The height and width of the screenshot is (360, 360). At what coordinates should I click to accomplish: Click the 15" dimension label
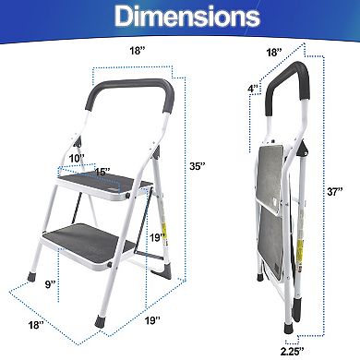[102, 173]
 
